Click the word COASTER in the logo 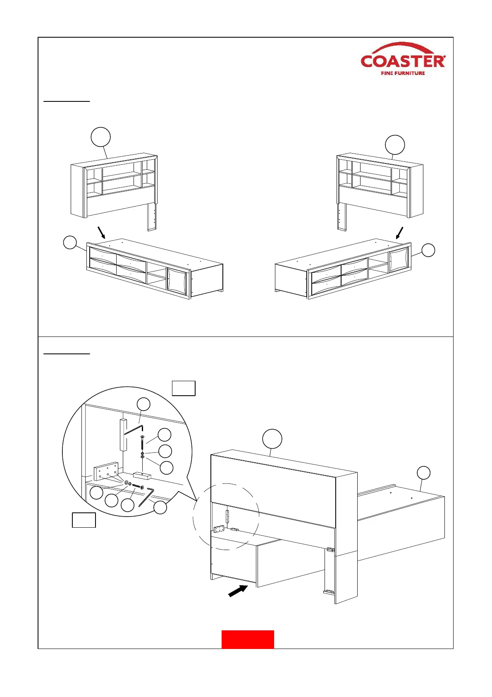(403, 62)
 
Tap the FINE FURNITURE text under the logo (403, 73)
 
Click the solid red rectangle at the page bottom (248, 639)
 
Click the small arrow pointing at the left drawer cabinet (100, 232)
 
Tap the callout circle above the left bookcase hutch (101, 137)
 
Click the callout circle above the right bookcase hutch (395, 145)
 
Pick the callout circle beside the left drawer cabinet (70, 242)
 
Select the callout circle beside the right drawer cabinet (428, 250)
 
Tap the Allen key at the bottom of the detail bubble (146, 496)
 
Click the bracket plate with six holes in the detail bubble (106, 471)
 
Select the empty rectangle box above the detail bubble (184, 389)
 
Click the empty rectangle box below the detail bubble (84, 520)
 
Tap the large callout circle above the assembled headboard (272, 439)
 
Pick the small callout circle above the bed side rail (423, 473)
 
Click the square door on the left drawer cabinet (177, 280)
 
